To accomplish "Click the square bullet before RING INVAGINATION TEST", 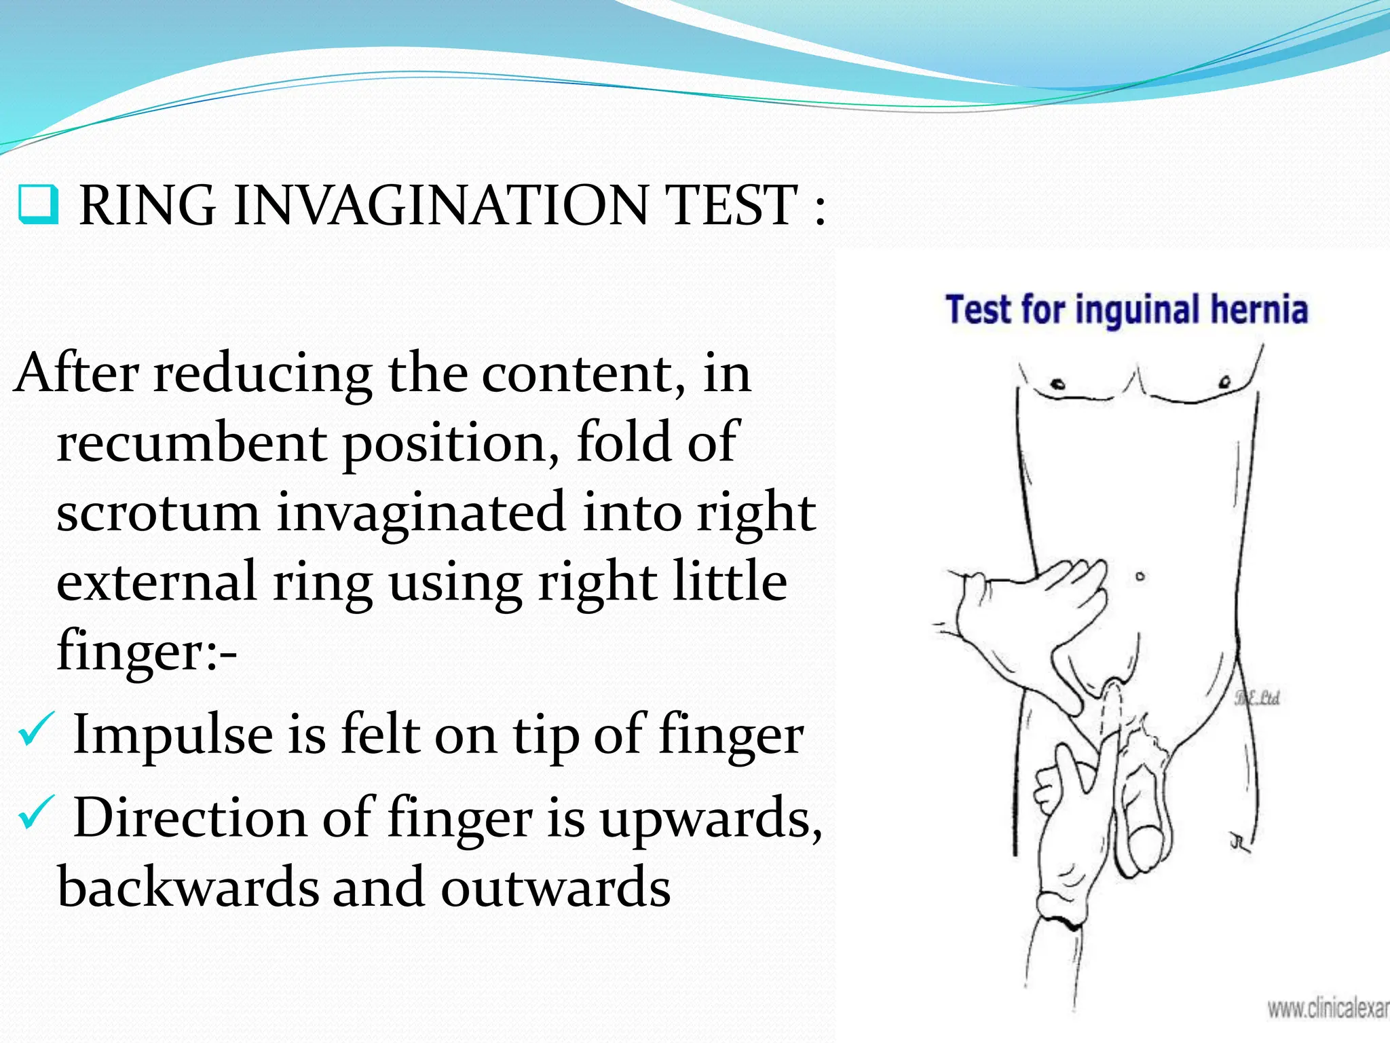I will (x=39, y=204).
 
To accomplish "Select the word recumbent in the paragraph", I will (x=191, y=443).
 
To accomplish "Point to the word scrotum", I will (x=158, y=513).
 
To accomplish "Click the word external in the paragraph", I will (x=156, y=582).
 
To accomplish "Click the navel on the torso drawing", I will (x=1140, y=577).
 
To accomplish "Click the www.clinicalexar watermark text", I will (x=1328, y=1008).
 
